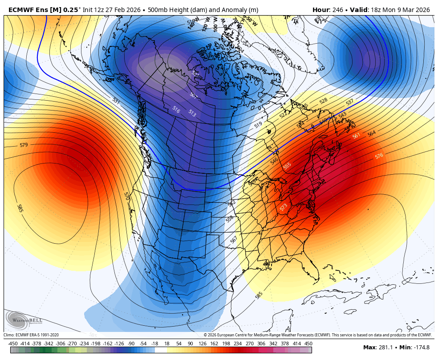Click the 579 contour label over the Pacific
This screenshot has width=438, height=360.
pyautogui.click(x=24, y=145)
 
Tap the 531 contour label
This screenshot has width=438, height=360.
pyautogui.click(x=116, y=101)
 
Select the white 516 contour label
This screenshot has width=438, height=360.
pyautogui.click(x=176, y=109)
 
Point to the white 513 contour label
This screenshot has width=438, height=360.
pyautogui.click(x=192, y=113)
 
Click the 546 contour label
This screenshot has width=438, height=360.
pyautogui.click(x=274, y=160)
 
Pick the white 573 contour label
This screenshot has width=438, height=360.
pyautogui.click(x=284, y=207)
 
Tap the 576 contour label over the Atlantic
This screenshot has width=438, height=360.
pyautogui.click(x=379, y=156)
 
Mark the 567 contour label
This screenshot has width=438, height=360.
pyautogui.click(x=234, y=240)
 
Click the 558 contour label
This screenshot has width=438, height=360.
pyautogui.click(x=230, y=219)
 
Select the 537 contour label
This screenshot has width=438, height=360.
pyautogui.click(x=349, y=102)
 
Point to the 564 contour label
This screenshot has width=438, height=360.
pyautogui.click(x=371, y=133)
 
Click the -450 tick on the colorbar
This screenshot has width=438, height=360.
pyautogui.click(x=13, y=344)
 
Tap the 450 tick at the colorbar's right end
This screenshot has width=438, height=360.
pyautogui.click(x=308, y=344)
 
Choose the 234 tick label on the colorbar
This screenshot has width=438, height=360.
pyautogui.click(x=237, y=344)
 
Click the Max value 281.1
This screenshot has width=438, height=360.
pyautogui.click(x=385, y=348)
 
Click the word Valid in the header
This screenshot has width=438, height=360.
pyautogui.click(x=359, y=10)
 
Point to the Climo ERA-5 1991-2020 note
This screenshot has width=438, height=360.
pyautogui.click(x=31, y=335)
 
